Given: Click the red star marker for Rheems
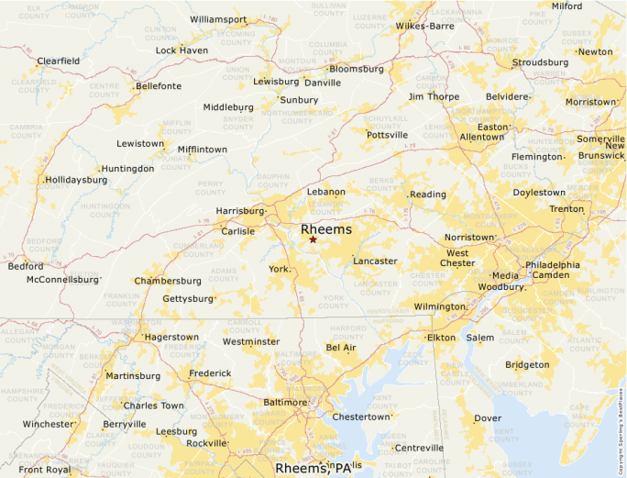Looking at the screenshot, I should pos(313,239).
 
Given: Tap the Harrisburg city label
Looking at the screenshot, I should pos(239,211).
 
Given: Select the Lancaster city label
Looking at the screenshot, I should pos(376,261).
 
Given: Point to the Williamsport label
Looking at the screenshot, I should pos(218,19).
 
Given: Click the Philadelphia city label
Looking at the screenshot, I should pos(553,264).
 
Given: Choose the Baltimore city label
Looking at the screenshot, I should pos(285,402).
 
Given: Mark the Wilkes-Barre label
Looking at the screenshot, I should pos(424,26).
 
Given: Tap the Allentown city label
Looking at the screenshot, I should pos(482,137).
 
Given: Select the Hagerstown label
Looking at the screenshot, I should pos(171,338).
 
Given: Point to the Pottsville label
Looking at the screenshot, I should pos(387,135).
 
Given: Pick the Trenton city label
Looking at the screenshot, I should pos(566,209).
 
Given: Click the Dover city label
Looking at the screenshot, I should pos(488,418).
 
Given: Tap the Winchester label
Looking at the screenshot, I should pos(48,424).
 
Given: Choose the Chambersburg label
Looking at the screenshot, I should pos(168,281).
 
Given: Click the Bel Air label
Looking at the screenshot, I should pos(341,348).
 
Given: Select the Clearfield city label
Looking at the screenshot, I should pos(58,61).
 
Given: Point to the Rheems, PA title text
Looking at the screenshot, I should pos(313,468).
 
